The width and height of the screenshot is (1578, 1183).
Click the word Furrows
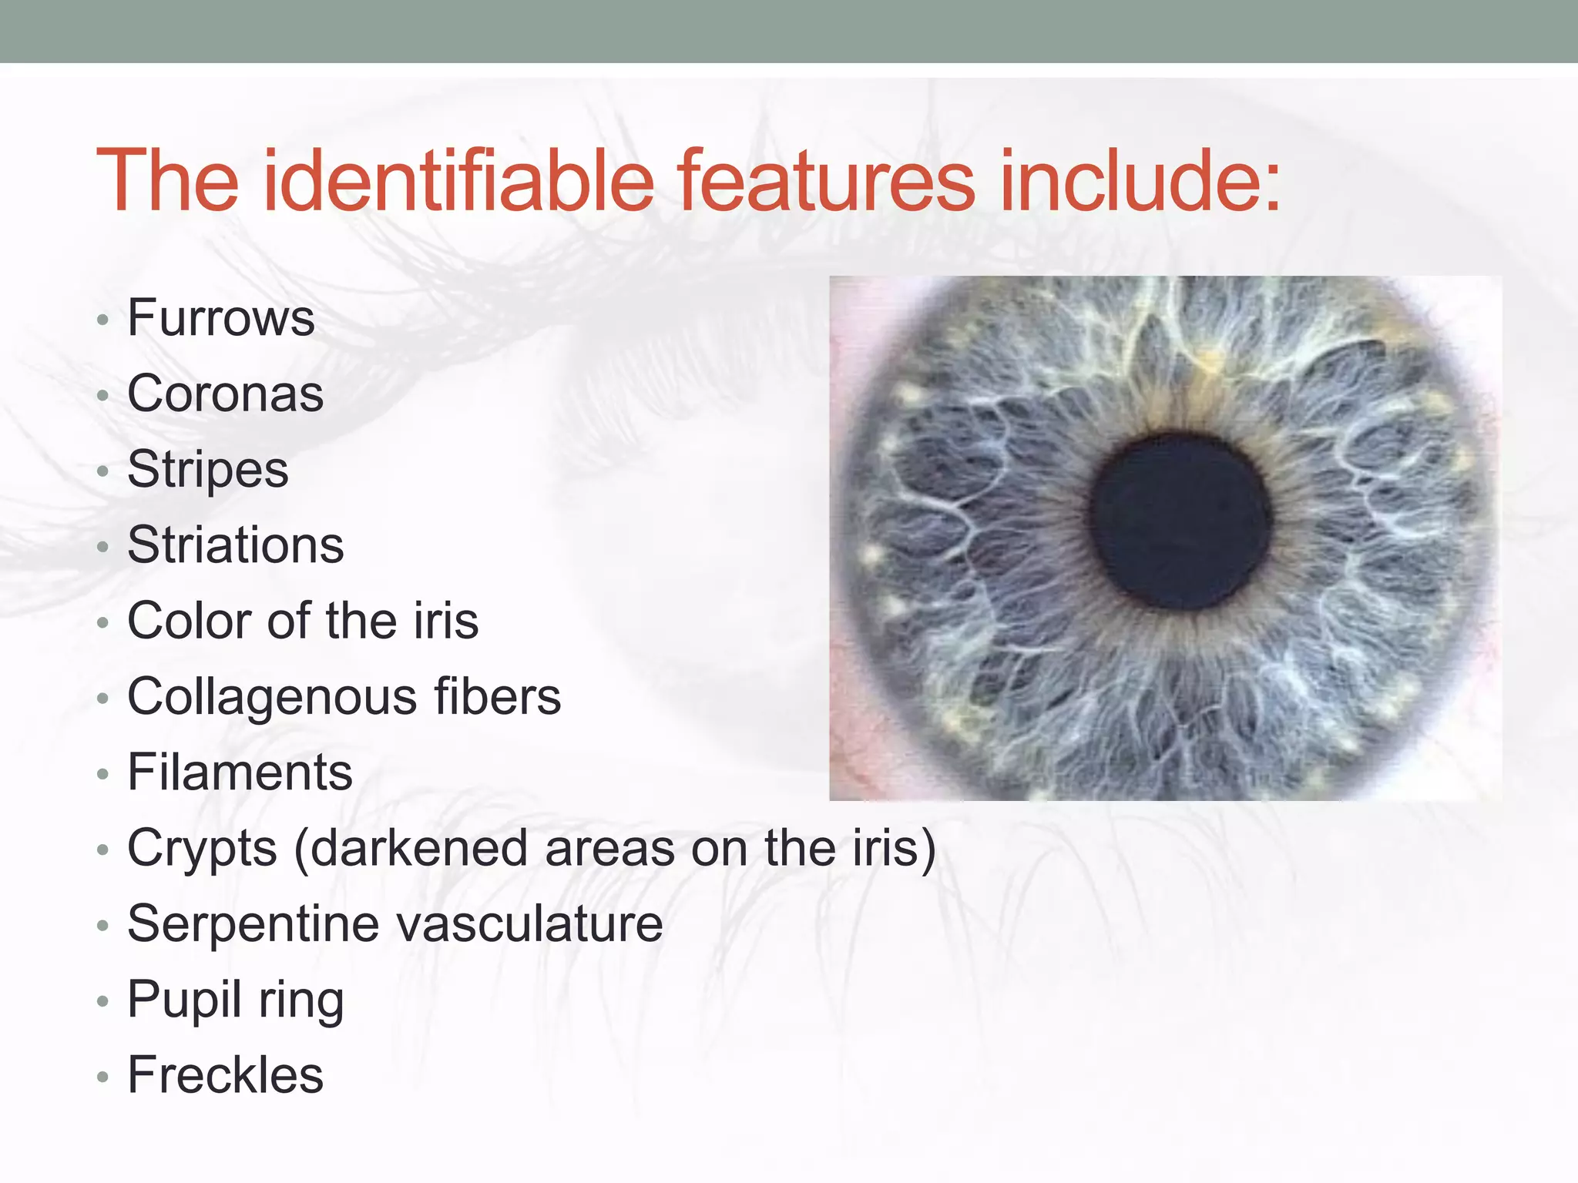click(221, 318)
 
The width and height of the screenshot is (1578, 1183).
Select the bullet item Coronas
click(225, 394)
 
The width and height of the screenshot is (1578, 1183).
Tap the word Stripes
click(208, 470)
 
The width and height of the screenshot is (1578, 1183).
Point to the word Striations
click(236, 545)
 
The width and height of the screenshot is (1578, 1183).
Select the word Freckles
click(225, 1075)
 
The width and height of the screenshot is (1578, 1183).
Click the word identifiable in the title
click(458, 181)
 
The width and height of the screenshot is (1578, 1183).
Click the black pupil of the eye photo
click(1180, 521)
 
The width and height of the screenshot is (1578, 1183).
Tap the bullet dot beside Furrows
click(103, 320)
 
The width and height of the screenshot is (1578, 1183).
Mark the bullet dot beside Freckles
click(103, 1077)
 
